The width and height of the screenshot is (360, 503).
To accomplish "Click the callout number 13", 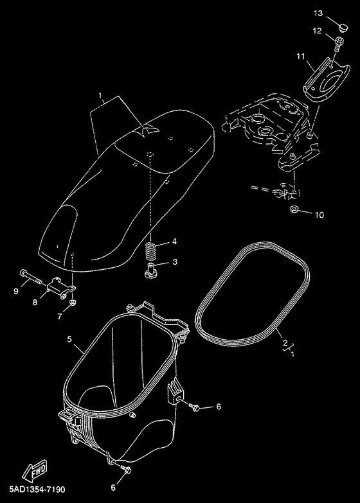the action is point(318,13).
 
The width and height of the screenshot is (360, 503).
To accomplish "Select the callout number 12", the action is point(317,31).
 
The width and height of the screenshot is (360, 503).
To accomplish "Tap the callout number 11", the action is point(301,57).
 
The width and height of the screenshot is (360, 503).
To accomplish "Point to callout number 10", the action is point(319,215).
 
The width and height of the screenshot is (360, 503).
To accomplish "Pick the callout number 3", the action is point(175,261).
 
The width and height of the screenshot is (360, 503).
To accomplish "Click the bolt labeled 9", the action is point(32,276).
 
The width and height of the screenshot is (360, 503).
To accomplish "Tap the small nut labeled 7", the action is point(73,303).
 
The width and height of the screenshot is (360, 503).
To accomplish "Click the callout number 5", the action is point(69,339).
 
